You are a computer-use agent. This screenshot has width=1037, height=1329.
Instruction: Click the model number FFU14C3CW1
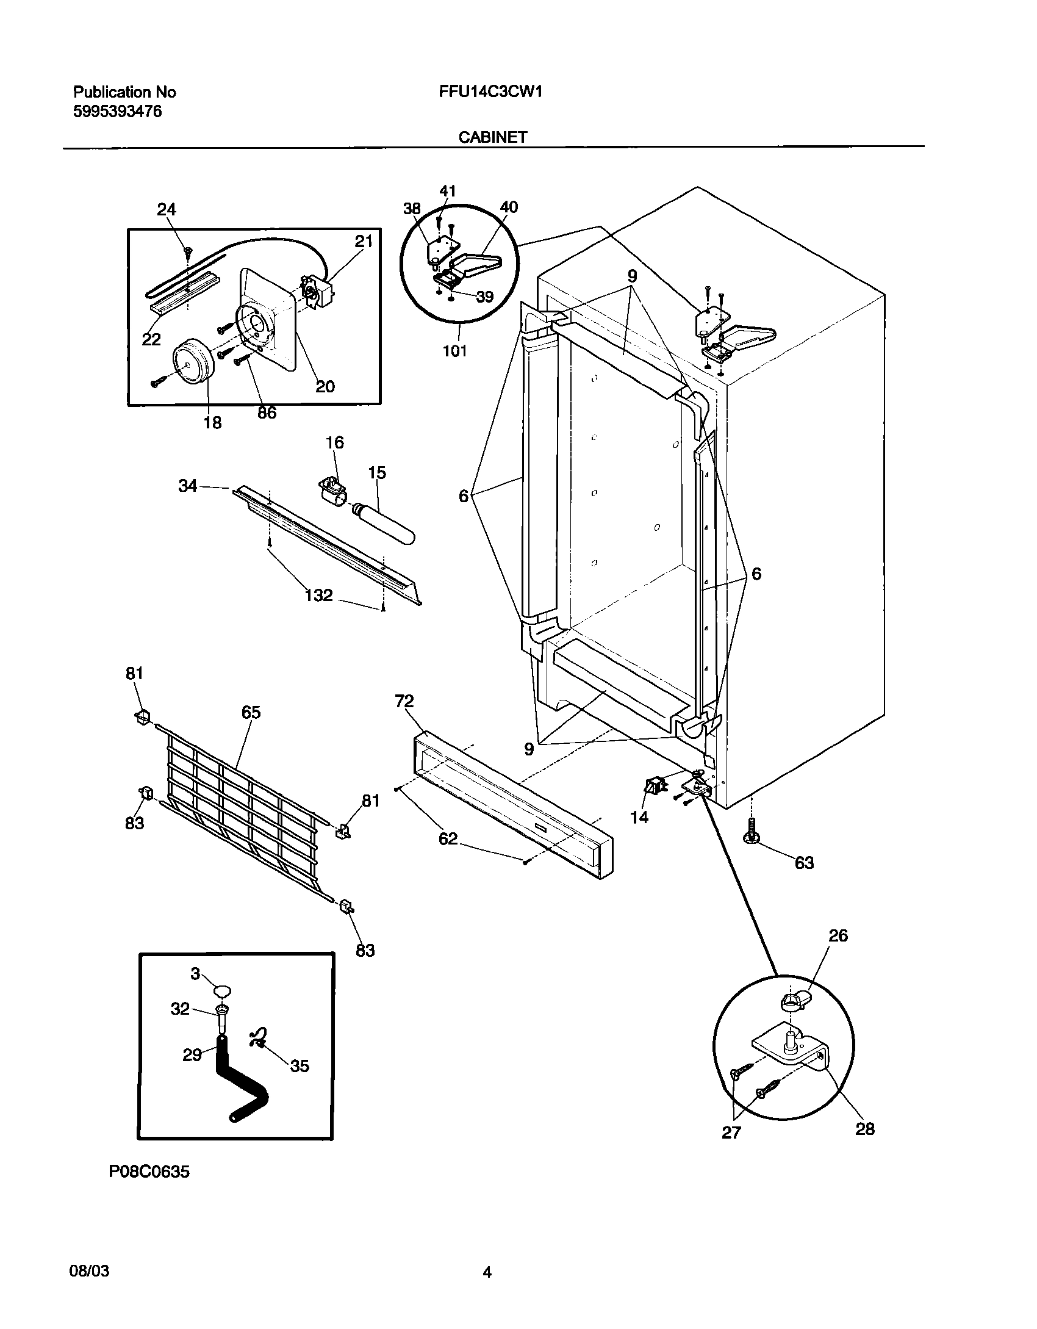pos(490,92)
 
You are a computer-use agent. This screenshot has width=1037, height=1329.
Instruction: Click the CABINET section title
pos(492,137)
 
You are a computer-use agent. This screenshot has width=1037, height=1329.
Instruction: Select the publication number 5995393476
pos(118,111)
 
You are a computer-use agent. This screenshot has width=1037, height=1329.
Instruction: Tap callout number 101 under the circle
pos(454,351)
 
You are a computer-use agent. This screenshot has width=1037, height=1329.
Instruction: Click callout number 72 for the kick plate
pos(404,701)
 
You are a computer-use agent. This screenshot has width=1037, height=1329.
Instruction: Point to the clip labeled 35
pos(259,1038)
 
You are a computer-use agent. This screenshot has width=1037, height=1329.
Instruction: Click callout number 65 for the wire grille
pos(251,712)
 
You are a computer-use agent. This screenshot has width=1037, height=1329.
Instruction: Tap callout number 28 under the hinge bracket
pos(864,1129)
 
